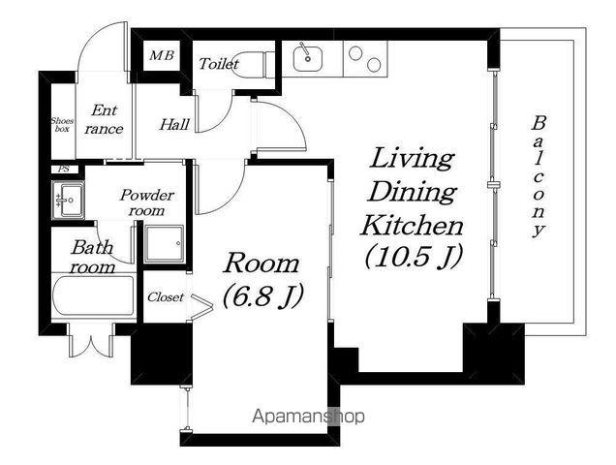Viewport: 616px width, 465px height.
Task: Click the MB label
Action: [x=162, y=55]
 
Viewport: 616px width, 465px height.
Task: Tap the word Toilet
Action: [x=219, y=64]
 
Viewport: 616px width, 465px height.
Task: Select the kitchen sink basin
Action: [x=308, y=59]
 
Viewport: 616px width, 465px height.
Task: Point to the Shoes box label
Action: [x=62, y=125]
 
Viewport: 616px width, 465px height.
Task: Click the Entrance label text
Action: [x=104, y=119]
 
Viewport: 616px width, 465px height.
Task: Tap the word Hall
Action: [x=174, y=125]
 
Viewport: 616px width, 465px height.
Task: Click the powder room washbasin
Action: [x=68, y=201]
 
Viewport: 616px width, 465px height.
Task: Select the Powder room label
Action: [x=147, y=202]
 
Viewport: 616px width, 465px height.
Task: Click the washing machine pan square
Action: [x=164, y=244]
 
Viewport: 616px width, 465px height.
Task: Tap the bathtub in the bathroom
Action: [x=94, y=295]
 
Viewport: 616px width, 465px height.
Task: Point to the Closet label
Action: [x=166, y=297]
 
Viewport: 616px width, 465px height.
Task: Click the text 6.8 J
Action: [x=263, y=295]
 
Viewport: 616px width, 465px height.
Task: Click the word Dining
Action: [x=412, y=192]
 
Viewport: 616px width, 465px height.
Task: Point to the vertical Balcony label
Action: [x=539, y=176]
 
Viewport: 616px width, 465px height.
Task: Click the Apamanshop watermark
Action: [x=308, y=416]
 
